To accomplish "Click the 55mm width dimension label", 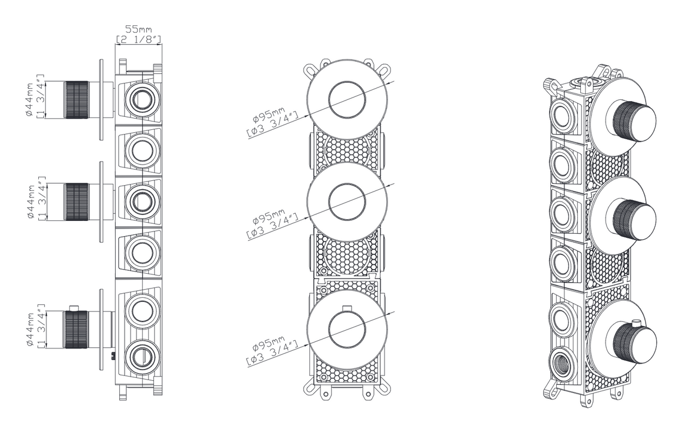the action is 139,34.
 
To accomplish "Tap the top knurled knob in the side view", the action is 76,99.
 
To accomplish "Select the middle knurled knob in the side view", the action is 76,202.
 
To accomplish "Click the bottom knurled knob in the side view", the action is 76,329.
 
